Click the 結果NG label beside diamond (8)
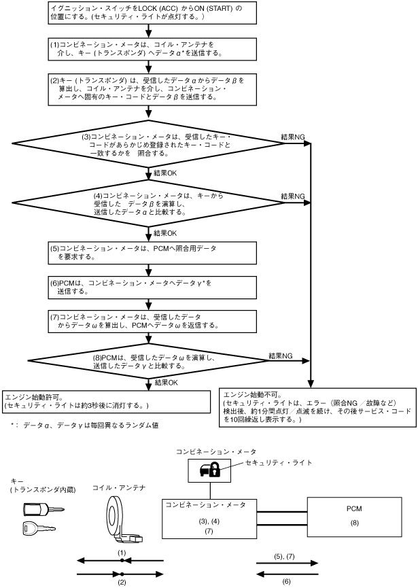pos(281,356)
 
